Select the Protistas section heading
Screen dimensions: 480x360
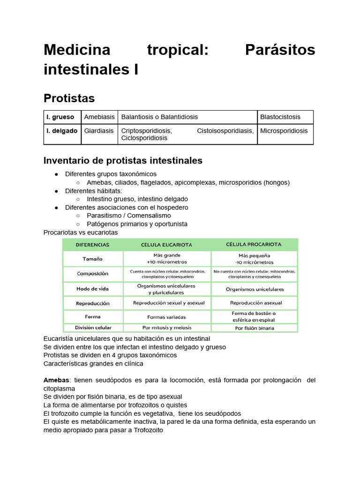[x=69, y=98]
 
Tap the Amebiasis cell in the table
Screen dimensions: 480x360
[x=98, y=117]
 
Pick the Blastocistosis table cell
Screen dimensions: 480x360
[x=280, y=117]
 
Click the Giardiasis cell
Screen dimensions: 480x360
[x=98, y=131]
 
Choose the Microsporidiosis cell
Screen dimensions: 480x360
[x=284, y=131]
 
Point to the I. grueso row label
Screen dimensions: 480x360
[x=60, y=117]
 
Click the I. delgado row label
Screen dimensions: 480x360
[x=62, y=131]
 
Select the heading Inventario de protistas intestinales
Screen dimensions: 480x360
[x=123, y=160]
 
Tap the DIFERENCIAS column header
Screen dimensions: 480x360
[x=93, y=245]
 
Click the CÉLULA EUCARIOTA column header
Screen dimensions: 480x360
[x=166, y=245]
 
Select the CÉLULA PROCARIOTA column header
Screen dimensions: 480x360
[x=254, y=245]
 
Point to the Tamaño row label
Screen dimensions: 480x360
[x=93, y=259]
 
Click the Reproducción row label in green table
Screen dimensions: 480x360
[x=93, y=303]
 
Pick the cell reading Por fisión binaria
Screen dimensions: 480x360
[x=254, y=328]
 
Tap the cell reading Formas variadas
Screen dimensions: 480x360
[x=166, y=316]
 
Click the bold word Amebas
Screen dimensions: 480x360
[x=56, y=380]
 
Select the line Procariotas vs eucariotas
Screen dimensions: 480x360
[x=81, y=232]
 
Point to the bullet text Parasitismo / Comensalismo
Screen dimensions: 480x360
[x=130, y=216]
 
